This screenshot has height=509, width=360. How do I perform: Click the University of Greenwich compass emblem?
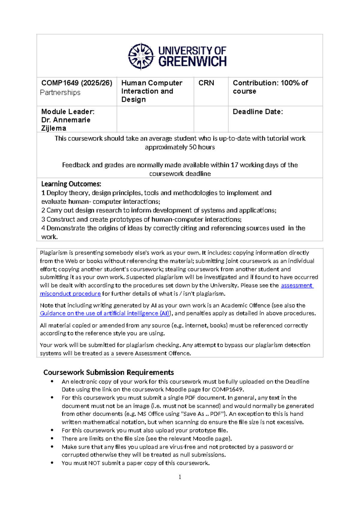coord(141,56)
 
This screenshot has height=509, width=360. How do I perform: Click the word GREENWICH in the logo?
coord(192,62)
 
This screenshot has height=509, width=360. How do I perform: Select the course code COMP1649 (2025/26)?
coord(77,83)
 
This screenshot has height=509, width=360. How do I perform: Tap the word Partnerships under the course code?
coord(60,92)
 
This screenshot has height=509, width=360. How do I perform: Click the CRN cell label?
coord(206,83)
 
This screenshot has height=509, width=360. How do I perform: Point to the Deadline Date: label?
coord(258,112)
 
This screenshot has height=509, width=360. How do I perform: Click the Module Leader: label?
coord(68,112)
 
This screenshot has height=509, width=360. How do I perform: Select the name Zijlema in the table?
coord(54,128)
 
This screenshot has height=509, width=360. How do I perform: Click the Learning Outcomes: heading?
coord(71,184)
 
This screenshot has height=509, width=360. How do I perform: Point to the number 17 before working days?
coord(234,165)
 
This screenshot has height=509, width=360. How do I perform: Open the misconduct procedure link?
coord(70,294)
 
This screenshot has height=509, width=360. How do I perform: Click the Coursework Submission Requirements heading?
coord(109,372)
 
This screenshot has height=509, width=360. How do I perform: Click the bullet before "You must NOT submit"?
coord(52,463)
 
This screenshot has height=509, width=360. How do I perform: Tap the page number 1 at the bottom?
coord(180,477)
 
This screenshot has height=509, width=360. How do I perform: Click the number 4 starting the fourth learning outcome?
coord(43,228)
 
